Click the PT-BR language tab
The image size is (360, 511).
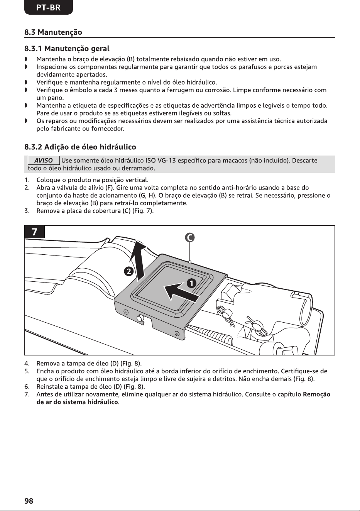coord(48,7)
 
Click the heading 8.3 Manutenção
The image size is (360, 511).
coord(53,32)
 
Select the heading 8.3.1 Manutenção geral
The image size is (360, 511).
coord(67,49)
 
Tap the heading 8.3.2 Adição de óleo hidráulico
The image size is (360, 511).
coord(80,147)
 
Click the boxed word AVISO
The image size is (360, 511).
coord(44,161)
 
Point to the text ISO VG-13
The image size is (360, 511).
coord(161,161)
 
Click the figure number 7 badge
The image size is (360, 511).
coord(34,232)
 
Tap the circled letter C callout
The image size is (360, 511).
coord(189,238)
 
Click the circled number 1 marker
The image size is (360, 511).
coord(192,283)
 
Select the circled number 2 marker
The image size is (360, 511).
coord(128,271)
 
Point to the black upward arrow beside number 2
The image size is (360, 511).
coord(140,261)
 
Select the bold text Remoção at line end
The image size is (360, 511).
coord(316,394)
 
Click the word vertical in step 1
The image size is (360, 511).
coord(137,180)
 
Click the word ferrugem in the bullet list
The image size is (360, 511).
coord(180,90)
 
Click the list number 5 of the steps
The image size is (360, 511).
coord(27,371)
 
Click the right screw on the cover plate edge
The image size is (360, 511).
coord(177,333)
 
